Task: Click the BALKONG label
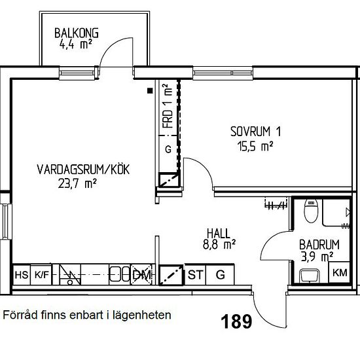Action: (x=77, y=33)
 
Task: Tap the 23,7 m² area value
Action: (x=77, y=183)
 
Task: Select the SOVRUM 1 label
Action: (x=255, y=132)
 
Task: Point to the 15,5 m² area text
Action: (x=255, y=146)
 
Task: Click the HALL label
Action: (x=219, y=234)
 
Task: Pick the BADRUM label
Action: (x=319, y=245)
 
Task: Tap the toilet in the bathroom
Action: (x=311, y=211)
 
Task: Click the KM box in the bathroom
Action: (x=340, y=272)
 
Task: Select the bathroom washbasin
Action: (x=309, y=276)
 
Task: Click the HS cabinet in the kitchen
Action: (x=22, y=275)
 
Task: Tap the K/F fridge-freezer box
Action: (x=41, y=275)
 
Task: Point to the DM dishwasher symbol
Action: (x=141, y=275)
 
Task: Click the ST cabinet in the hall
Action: (x=196, y=275)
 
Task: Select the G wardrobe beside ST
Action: (x=220, y=275)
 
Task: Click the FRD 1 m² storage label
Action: (x=168, y=106)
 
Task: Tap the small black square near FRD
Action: (x=150, y=91)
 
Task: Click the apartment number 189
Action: (x=236, y=321)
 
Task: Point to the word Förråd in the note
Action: (x=20, y=315)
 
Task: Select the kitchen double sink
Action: (x=120, y=274)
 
